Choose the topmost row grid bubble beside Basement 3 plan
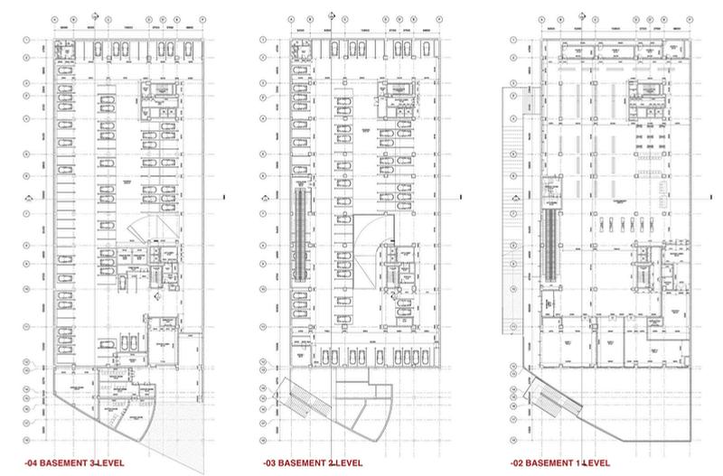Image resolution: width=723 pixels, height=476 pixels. pyautogui.click(x=30, y=41)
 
